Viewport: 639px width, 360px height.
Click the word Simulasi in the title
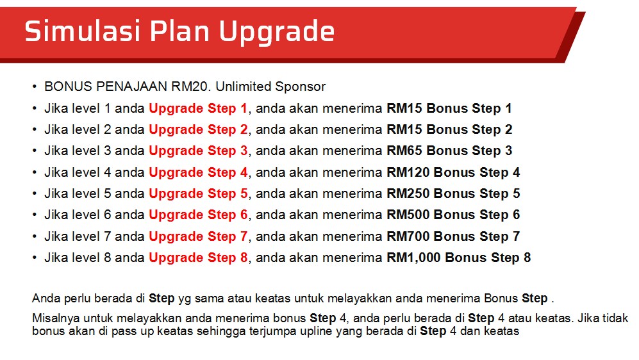pos(83,31)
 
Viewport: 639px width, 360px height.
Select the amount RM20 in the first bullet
pos(191,86)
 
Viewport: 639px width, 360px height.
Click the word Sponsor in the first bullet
pos(301,87)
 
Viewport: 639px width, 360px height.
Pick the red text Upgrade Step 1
pos(198,109)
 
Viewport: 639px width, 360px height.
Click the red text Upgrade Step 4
pos(198,173)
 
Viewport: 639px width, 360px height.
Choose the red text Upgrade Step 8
pos(198,258)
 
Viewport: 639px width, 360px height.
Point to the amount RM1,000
pos(413,258)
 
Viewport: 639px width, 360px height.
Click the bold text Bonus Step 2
pos(469,129)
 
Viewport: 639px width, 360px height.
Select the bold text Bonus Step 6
pos(477,215)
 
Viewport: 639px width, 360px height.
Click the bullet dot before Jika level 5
pos(35,194)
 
